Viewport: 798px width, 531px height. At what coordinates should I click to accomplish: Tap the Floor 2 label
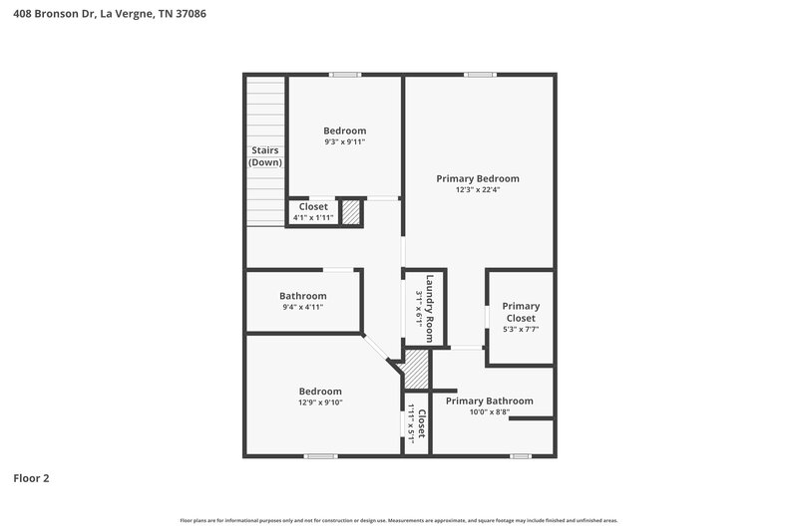pyautogui.click(x=31, y=478)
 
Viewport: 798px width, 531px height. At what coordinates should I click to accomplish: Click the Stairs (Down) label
pyautogui.click(x=264, y=156)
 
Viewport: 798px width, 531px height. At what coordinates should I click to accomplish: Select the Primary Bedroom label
pyautogui.click(x=477, y=179)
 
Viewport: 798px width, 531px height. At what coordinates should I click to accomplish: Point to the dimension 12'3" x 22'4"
pyautogui.click(x=477, y=191)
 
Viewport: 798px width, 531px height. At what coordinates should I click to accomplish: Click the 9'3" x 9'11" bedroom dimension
pyautogui.click(x=344, y=142)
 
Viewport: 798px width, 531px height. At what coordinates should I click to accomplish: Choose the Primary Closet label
pyautogui.click(x=520, y=312)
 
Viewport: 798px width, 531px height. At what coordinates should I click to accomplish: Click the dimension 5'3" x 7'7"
pyautogui.click(x=520, y=330)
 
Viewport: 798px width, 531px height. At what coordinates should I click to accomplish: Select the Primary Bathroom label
pyautogui.click(x=489, y=400)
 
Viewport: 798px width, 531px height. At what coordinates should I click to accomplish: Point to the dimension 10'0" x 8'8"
pyautogui.click(x=489, y=412)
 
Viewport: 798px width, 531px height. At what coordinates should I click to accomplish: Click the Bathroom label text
pyautogui.click(x=302, y=296)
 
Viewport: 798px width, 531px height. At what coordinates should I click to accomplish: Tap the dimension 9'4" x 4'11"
pyautogui.click(x=302, y=308)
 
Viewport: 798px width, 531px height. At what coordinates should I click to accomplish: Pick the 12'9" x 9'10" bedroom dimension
pyautogui.click(x=319, y=403)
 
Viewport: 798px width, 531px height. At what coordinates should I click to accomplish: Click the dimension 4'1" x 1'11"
pyautogui.click(x=312, y=218)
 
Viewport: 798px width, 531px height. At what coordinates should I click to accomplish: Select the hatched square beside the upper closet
pyautogui.click(x=350, y=212)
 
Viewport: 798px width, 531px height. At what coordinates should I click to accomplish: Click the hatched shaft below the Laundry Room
pyautogui.click(x=415, y=369)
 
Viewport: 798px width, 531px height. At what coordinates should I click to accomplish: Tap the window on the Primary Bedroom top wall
pyautogui.click(x=479, y=74)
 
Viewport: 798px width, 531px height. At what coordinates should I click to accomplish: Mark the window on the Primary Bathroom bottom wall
pyautogui.click(x=520, y=456)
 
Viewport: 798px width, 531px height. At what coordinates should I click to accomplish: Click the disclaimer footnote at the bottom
pyautogui.click(x=398, y=520)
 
